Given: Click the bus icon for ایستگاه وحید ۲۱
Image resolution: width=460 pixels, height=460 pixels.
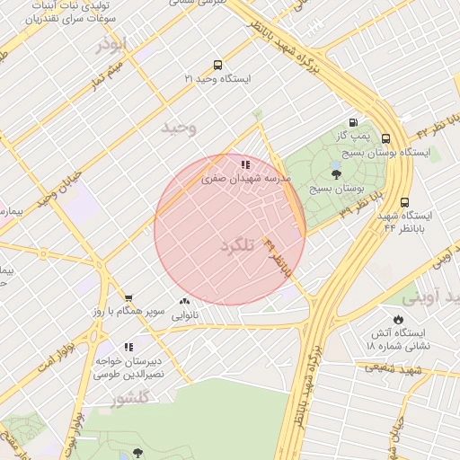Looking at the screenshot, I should [217, 65].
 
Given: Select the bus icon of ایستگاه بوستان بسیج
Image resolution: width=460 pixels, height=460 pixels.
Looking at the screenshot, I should [385, 139].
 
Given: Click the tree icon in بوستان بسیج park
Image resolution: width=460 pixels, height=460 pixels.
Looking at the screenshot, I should [336, 175].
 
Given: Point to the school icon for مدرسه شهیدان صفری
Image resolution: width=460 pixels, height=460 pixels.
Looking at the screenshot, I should [245, 164].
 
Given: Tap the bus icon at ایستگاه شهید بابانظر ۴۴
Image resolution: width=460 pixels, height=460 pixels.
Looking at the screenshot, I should [404, 202].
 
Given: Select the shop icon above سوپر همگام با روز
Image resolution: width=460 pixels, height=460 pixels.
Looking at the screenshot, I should [128, 298].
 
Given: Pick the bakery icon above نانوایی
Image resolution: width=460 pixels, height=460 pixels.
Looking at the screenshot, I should [185, 302].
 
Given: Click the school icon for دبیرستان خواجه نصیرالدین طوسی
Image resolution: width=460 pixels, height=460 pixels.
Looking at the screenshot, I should [128, 346].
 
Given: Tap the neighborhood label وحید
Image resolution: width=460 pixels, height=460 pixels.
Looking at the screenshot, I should [178, 128].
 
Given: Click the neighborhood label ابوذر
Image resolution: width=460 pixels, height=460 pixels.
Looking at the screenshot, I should [114, 45].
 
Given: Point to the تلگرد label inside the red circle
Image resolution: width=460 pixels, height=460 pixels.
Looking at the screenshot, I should [238, 245].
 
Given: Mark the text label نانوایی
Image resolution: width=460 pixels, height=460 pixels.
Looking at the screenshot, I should [185, 315].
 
